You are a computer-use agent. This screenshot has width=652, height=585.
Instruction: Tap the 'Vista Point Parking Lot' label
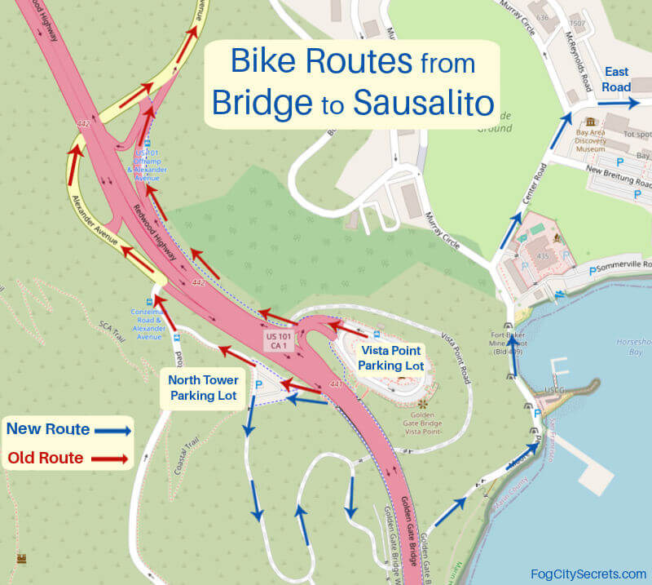pyautogui.click(x=391, y=357)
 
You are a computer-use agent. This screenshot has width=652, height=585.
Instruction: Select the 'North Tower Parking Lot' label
pyautogui.click(x=203, y=388)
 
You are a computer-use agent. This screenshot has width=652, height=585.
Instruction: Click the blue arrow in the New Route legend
pyautogui.click(x=111, y=429)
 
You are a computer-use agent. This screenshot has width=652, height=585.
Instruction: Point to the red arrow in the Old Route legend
pyautogui.click(x=109, y=459)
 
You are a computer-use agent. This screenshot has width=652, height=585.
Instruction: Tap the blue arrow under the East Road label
pyautogui.click(x=617, y=104)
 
